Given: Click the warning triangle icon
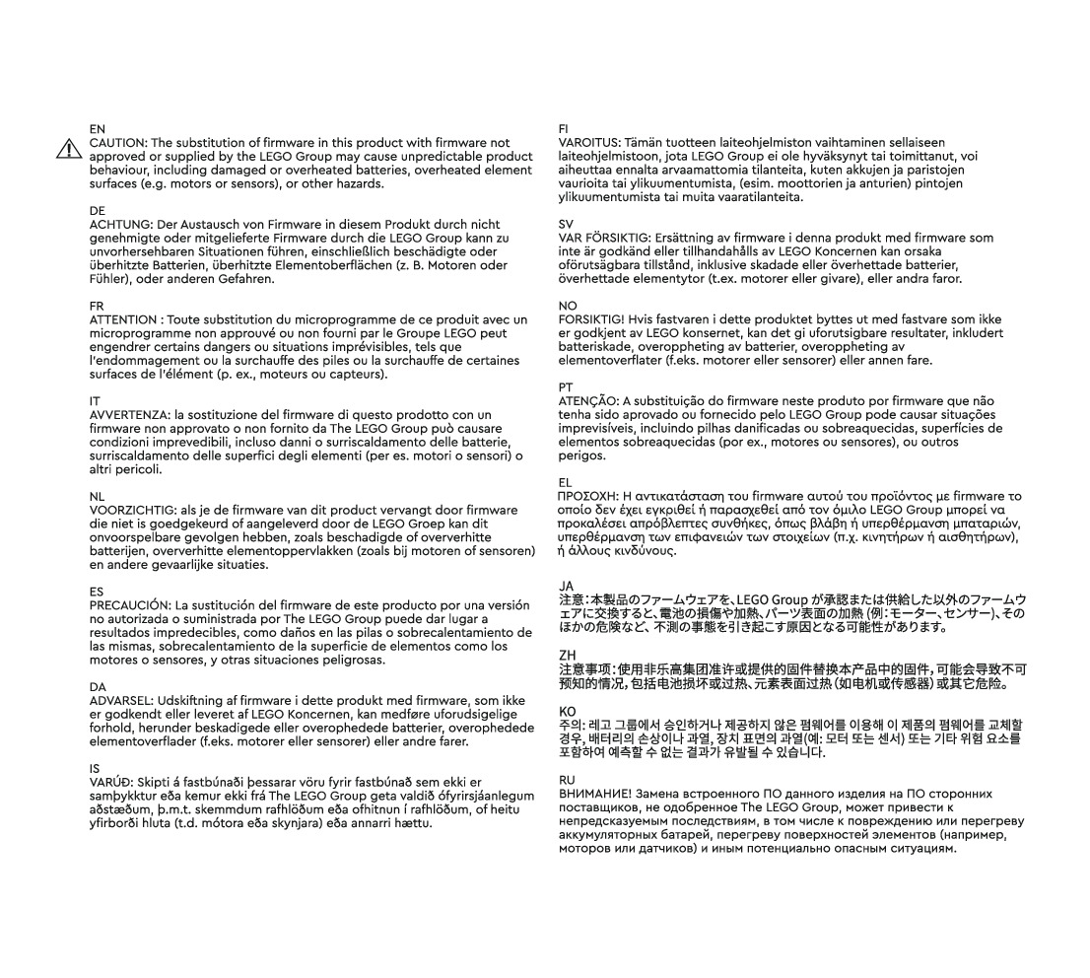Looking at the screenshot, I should [x=69, y=149].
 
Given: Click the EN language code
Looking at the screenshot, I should [x=97, y=129].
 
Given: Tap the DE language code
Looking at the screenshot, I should [x=97, y=211].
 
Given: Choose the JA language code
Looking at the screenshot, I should [x=566, y=587].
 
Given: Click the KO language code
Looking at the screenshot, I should [x=567, y=711].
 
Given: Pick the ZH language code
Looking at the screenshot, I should [x=566, y=655].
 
